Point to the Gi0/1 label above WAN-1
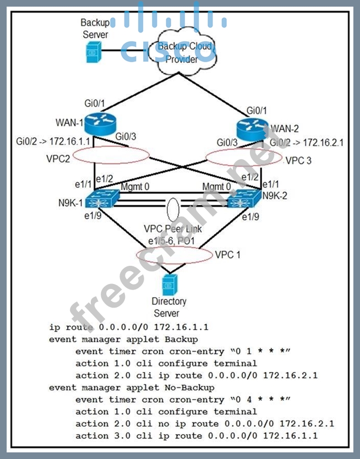(x=94, y=103)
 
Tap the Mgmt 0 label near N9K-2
(x=217, y=187)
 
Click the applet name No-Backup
(x=186, y=387)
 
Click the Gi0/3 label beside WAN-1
(x=125, y=136)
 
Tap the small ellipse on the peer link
(x=173, y=210)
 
